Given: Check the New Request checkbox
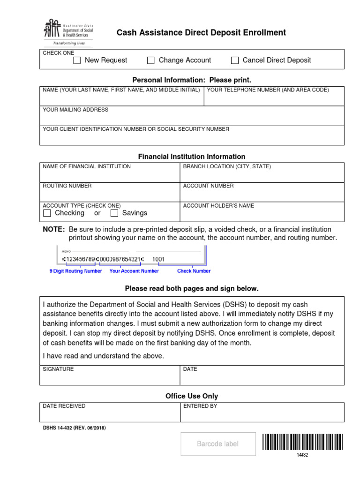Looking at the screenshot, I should (77, 60).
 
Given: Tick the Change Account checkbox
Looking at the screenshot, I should (151, 60).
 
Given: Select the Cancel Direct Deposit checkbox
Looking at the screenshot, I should (235, 60).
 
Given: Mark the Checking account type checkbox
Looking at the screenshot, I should (47, 213).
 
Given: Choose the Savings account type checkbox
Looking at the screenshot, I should (114, 213).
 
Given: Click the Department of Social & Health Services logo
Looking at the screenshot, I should (68, 31).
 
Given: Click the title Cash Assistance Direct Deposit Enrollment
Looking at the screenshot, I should (201, 33).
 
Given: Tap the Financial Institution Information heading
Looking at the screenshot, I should (191, 157).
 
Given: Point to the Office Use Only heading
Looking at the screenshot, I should (191, 396).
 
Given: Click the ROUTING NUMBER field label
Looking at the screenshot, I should (67, 186).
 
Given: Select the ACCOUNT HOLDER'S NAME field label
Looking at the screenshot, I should (218, 206).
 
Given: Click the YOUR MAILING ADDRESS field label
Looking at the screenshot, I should (75, 110).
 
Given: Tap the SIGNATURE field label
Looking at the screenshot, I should (58, 369).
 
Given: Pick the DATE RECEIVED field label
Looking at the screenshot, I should (64, 406).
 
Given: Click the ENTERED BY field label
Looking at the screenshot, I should (200, 406).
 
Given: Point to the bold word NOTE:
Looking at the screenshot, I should (53, 230).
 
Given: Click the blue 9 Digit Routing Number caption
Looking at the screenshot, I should (75, 271).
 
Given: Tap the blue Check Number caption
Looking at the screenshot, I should (194, 271).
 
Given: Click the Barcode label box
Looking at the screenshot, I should (218, 444).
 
